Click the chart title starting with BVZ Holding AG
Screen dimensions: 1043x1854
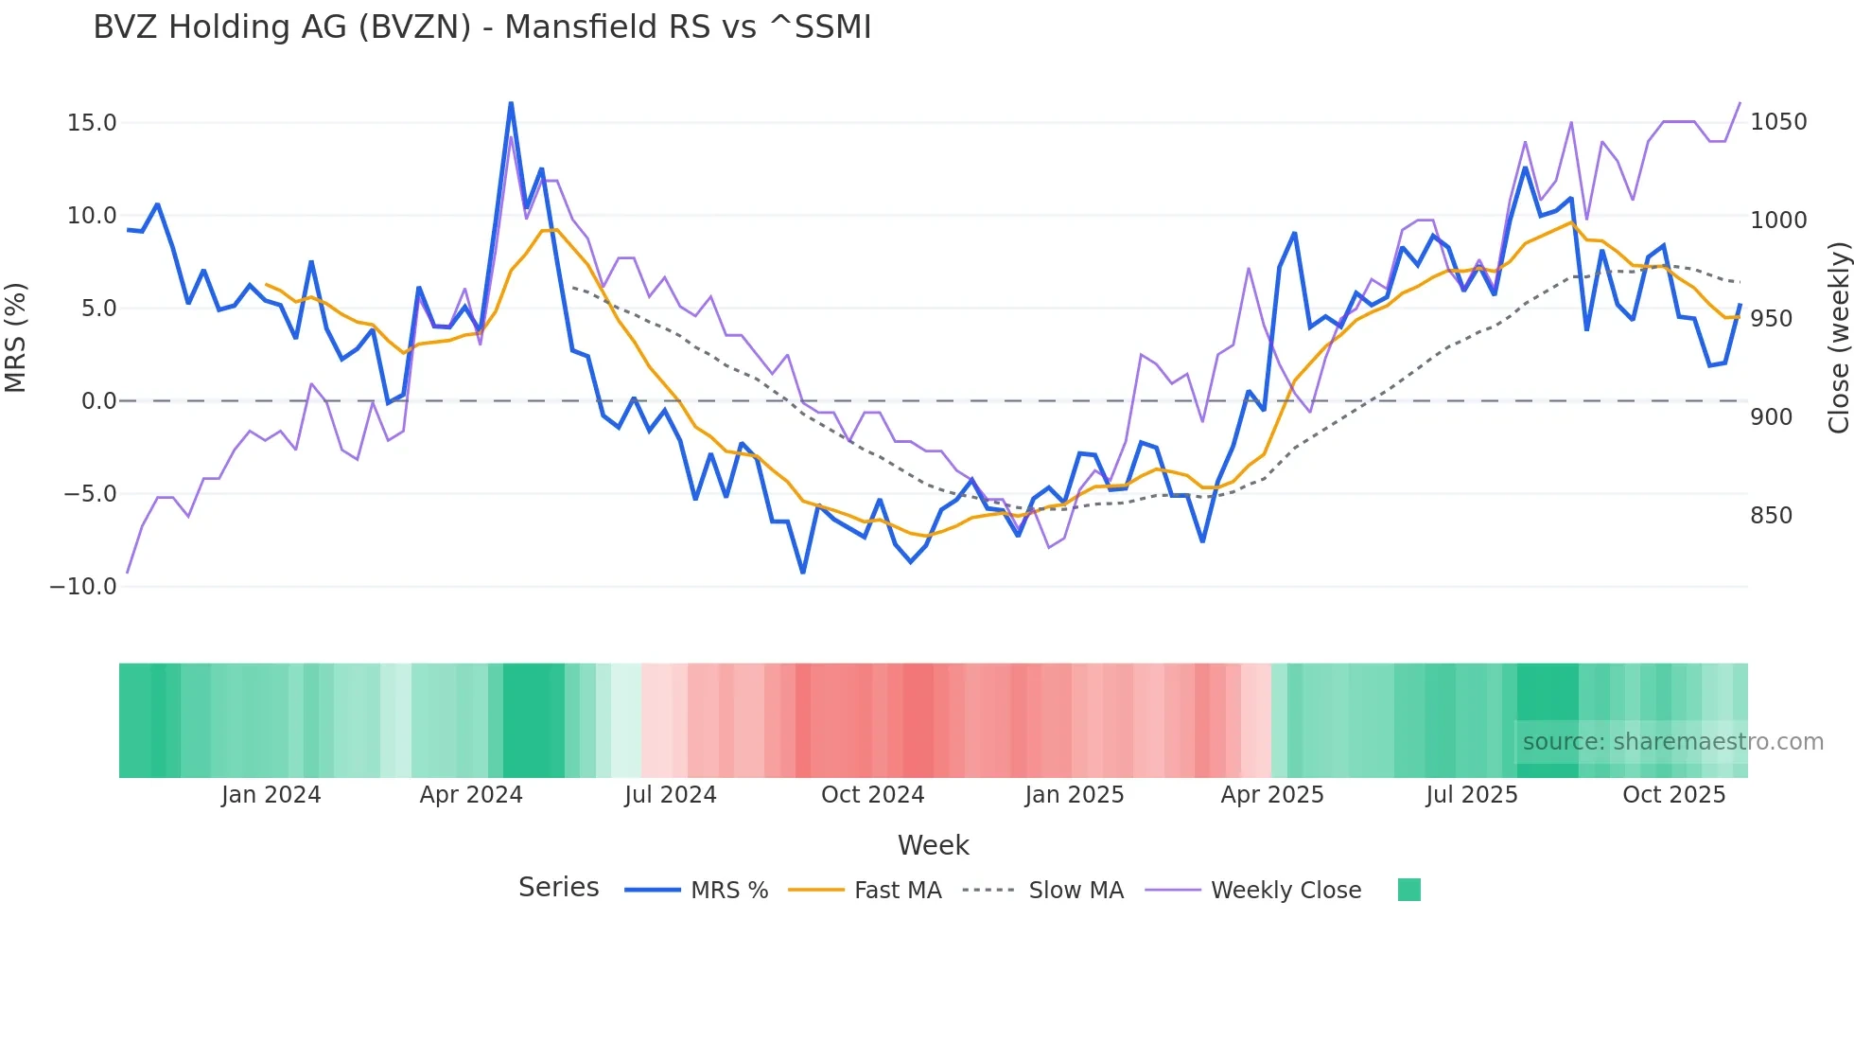click(481, 27)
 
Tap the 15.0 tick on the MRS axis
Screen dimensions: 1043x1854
click(92, 123)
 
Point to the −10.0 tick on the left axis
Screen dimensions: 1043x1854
click(83, 587)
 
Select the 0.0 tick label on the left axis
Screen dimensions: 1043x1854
click(98, 401)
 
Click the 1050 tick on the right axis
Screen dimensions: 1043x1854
click(1778, 122)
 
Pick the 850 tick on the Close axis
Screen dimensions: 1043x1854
click(1771, 516)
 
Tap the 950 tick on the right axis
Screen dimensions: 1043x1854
click(1771, 319)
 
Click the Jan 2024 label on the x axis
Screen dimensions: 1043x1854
click(271, 795)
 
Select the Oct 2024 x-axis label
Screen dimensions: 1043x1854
click(872, 795)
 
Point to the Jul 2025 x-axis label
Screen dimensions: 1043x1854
click(1471, 795)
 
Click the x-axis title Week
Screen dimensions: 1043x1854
click(933, 845)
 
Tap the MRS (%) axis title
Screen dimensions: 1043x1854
click(16, 338)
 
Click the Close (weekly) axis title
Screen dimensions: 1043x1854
click(1838, 338)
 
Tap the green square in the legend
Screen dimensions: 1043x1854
click(1408, 890)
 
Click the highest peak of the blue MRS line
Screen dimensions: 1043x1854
click(511, 103)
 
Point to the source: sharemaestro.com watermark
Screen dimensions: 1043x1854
click(1672, 742)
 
